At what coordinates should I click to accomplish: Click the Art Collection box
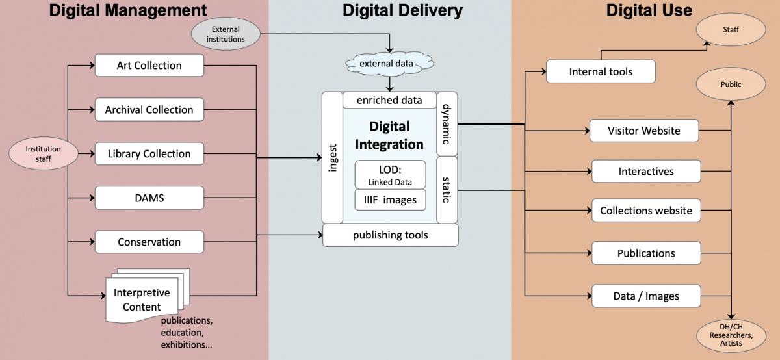(x=149, y=66)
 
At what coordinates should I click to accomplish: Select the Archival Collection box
(x=149, y=110)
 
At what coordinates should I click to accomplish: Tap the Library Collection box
(x=149, y=154)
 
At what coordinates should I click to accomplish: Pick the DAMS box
(x=149, y=198)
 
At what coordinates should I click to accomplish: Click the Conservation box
(x=149, y=242)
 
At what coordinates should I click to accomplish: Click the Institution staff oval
(x=43, y=154)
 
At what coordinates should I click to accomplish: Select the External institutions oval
(x=226, y=34)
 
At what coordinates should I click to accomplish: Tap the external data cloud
(x=389, y=64)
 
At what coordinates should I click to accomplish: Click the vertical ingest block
(x=332, y=158)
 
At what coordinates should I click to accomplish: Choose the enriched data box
(x=389, y=100)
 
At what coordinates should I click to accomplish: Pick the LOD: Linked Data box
(x=390, y=175)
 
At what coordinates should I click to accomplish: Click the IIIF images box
(x=390, y=200)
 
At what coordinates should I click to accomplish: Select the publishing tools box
(x=390, y=235)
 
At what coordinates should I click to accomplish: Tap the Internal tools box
(x=600, y=71)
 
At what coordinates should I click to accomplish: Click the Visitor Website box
(x=643, y=131)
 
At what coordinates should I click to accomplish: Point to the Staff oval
(x=731, y=29)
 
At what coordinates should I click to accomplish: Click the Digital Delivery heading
(x=402, y=10)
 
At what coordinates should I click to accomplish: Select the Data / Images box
(x=645, y=296)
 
